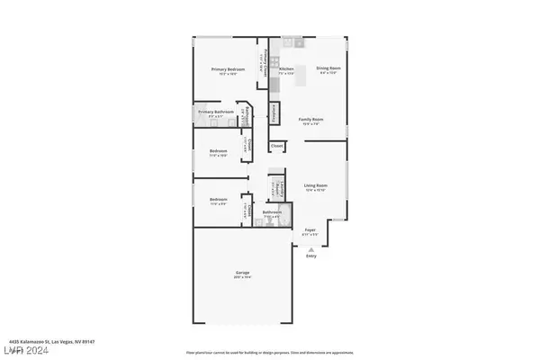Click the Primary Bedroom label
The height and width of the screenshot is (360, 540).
[x=228, y=69]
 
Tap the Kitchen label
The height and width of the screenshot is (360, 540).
[x=286, y=69]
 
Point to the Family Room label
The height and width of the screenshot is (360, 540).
[x=311, y=119]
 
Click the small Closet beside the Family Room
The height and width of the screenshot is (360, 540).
[x=276, y=145]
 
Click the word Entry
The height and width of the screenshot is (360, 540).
[x=311, y=256]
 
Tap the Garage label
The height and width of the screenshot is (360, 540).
[x=243, y=273]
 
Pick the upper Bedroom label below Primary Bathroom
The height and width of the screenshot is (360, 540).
[x=218, y=150]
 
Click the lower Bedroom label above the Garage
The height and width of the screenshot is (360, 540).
[x=218, y=199]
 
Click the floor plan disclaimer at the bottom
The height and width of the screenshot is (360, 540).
[x=270, y=352]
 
